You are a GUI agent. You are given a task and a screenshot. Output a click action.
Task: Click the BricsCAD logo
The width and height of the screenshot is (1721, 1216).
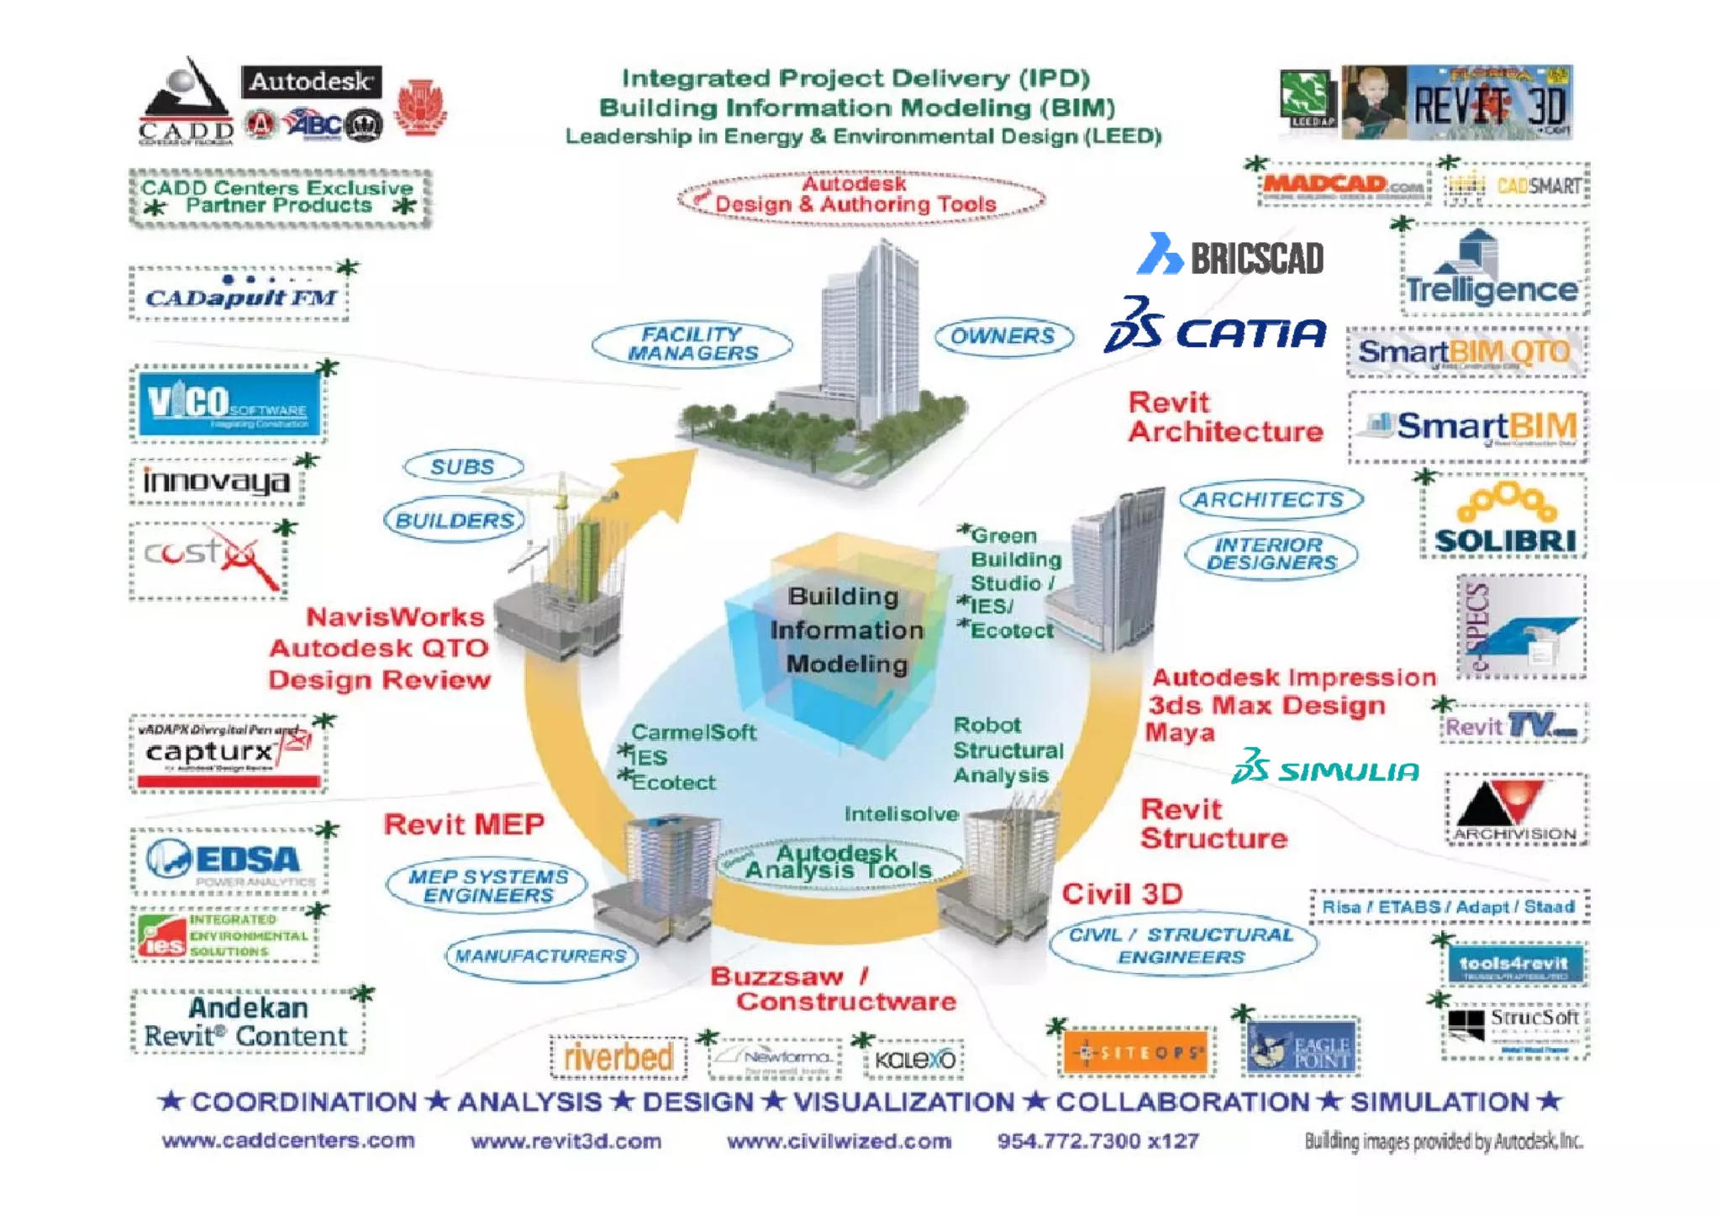point(1231,255)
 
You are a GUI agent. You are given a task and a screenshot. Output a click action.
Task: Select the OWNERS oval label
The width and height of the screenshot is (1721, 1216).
point(1003,337)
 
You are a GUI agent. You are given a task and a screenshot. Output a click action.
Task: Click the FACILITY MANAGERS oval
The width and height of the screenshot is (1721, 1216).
point(692,344)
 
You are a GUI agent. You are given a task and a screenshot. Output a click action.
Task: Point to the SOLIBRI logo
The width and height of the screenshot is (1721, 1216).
point(1504,519)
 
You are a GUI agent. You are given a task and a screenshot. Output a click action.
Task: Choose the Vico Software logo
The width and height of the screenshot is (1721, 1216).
point(229,403)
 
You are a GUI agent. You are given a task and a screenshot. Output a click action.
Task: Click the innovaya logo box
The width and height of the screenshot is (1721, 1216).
point(217,482)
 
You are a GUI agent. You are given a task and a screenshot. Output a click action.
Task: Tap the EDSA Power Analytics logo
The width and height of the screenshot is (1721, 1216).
point(229,860)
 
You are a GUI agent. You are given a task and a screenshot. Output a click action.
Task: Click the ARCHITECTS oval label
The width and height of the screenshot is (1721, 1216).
point(1270,500)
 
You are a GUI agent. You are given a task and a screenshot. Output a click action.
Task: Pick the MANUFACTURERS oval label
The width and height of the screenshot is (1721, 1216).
point(541,956)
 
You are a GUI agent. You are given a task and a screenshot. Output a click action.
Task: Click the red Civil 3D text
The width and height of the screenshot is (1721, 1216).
point(1122,894)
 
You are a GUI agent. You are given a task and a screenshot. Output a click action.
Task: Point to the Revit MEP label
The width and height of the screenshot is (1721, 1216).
point(464,824)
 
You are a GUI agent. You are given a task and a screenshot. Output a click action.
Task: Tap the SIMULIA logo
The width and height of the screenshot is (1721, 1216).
point(1325,768)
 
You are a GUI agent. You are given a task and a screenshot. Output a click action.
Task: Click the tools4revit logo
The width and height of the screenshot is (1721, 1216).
point(1513,965)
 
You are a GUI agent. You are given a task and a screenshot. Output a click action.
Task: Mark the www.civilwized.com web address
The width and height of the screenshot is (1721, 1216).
point(839,1141)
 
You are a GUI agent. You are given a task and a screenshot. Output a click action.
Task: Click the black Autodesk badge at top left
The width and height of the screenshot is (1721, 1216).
point(311,82)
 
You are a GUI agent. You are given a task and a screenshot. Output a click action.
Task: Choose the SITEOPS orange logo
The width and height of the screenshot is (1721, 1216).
point(1139,1051)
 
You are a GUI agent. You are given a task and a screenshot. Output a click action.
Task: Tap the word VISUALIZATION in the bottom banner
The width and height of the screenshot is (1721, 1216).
point(904,1102)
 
